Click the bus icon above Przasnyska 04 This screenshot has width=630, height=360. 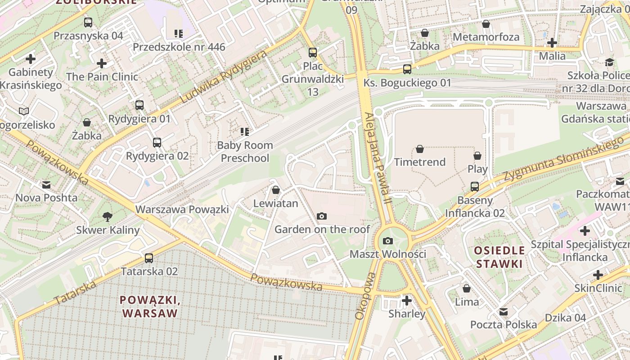click(x=88, y=22)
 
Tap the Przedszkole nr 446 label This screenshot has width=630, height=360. click(x=179, y=47)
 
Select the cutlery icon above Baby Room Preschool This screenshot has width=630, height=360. click(x=245, y=132)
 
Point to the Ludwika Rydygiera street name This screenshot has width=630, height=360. click(x=223, y=76)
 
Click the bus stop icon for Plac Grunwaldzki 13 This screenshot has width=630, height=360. click(x=313, y=53)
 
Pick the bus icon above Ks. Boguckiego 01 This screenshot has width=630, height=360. click(x=407, y=69)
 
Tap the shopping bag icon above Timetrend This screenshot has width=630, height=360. click(x=420, y=149)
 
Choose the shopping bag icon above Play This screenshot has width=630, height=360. click(x=477, y=156)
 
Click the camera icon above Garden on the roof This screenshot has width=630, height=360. click(x=321, y=216)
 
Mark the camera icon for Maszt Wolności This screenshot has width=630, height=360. click(x=388, y=241)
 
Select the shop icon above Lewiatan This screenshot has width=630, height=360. click(x=276, y=190)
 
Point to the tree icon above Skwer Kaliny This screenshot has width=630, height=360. click(x=108, y=217)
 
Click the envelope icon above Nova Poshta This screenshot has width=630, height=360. click(x=46, y=184)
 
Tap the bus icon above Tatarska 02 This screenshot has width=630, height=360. click(x=149, y=258)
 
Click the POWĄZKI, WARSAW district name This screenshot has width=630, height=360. click(x=150, y=306)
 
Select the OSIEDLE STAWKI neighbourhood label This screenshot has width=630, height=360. click(x=499, y=257)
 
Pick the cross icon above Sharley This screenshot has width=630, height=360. click(x=407, y=301)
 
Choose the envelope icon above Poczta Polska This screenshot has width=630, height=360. click(x=504, y=311)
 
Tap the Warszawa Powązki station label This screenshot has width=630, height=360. click(x=182, y=209)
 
